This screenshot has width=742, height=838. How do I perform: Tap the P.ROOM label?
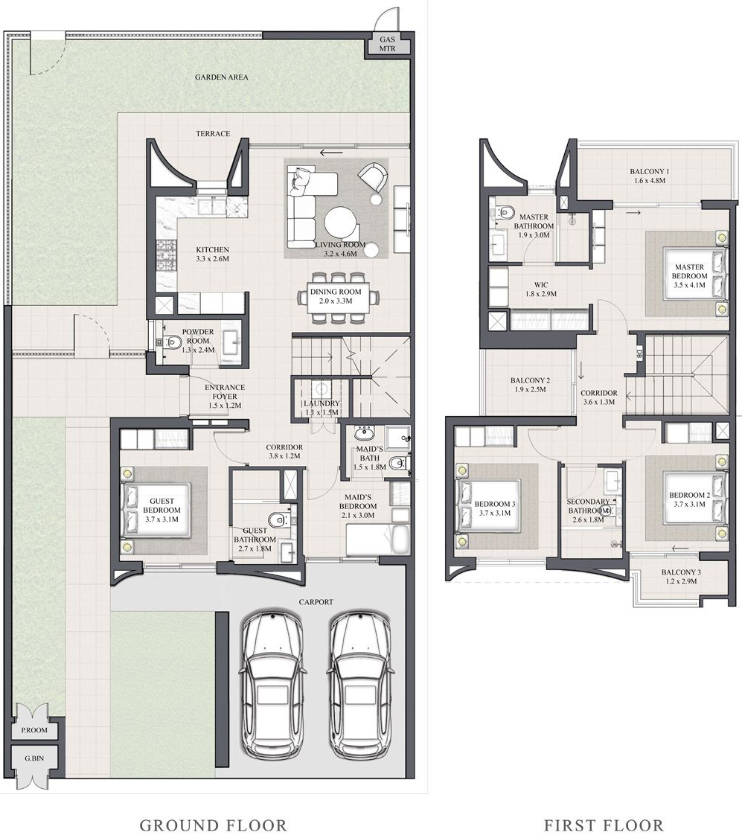click(x=35, y=730)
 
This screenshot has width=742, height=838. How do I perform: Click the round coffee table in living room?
click(x=340, y=222)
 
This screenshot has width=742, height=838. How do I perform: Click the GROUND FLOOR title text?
click(x=213, y=825)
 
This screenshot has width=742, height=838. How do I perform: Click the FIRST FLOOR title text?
click(x=604, y=825)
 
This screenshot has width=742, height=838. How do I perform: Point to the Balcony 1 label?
click(x=649, y=172)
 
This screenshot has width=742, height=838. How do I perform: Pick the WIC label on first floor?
click(x=541, y=284)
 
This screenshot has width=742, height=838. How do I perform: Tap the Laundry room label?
click(x=322, y=403)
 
